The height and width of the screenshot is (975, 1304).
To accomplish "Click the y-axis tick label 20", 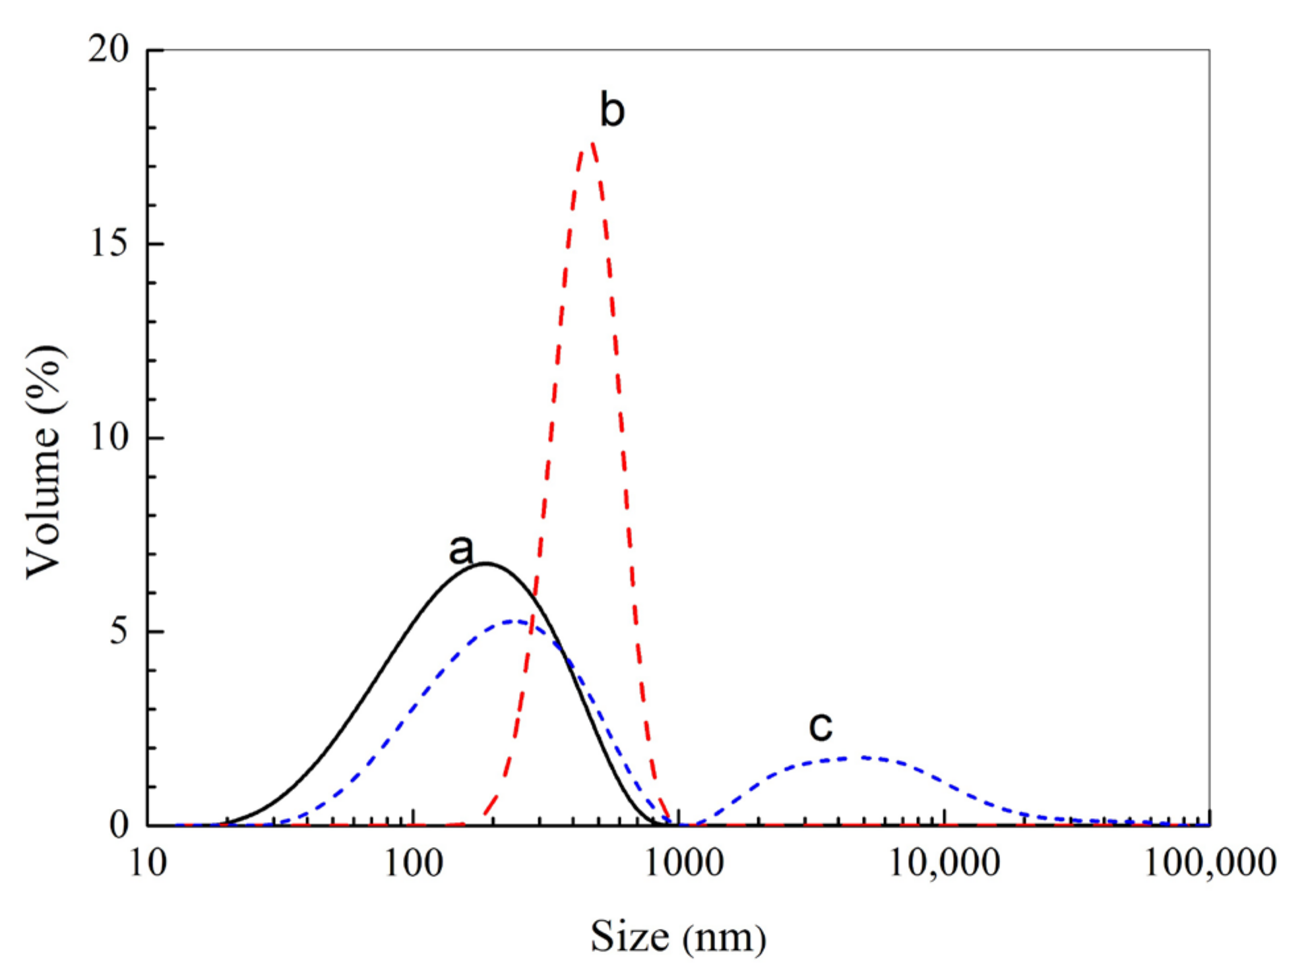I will [x=109, y=49].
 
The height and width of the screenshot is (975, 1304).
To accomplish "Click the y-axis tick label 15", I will [x=109, y=243].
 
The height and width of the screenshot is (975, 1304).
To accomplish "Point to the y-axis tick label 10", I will [x=109, y=437].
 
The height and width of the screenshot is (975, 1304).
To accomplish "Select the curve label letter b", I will [x=611, y=111].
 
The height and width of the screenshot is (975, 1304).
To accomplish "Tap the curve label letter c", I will [x=821, y=726].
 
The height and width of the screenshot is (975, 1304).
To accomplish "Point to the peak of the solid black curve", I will [x=486, y=563].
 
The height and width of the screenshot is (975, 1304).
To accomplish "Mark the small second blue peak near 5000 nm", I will [x=861, y=757].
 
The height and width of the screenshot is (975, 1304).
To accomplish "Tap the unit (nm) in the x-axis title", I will [x=724, y=938].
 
